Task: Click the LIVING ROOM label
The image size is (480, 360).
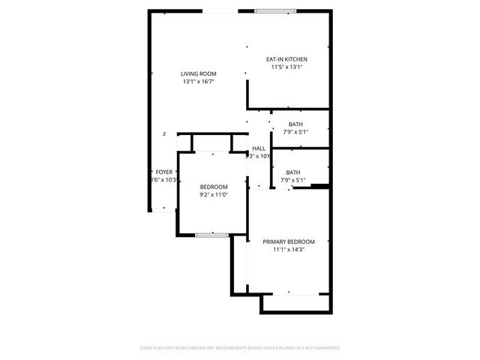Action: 198,73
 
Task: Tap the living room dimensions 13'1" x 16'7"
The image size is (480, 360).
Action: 198,82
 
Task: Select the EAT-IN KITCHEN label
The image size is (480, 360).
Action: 286,59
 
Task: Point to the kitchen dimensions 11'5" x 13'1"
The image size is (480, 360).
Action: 286,67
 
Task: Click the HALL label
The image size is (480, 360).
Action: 259,148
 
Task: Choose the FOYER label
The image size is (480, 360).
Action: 163,172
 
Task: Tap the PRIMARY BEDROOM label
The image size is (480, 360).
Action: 288,241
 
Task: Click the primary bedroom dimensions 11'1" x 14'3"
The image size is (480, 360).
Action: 288,250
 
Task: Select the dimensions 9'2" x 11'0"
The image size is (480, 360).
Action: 213,195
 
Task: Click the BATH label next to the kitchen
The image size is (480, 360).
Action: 295,124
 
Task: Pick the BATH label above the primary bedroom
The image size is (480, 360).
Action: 292,172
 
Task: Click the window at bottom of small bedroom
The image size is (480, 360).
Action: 211,235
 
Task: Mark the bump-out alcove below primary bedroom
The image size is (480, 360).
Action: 295,303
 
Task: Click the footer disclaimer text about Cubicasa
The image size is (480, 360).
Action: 240,348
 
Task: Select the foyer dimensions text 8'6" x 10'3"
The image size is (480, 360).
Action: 163,180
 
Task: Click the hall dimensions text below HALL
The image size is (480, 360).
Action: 259,157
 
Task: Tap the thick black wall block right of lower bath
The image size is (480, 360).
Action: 320,186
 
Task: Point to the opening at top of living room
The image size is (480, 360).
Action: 220,11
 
